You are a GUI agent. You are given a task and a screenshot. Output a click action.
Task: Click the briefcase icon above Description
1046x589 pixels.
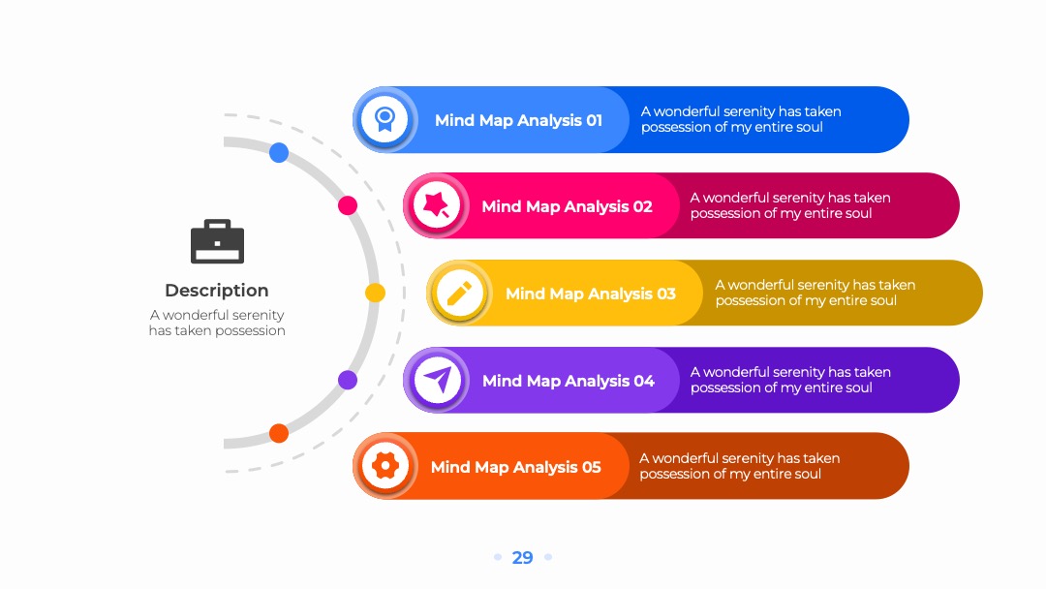coord(218,241)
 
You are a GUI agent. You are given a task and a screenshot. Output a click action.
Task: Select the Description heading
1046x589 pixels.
coord(217,291)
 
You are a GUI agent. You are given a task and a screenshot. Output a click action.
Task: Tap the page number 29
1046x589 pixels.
coord(522,558)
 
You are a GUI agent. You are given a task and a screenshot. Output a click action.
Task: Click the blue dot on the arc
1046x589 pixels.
coord(279,153)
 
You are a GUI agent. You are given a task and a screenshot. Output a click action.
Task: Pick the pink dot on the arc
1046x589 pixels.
coord(348,205)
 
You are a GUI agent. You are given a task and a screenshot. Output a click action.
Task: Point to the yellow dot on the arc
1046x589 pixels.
coord(375,293)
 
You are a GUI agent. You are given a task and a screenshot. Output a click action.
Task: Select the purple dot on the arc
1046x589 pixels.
coord(348,380)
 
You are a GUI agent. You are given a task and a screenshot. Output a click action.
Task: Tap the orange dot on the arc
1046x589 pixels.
coord(279,434)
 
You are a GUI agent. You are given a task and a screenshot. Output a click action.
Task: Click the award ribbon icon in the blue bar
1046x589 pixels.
coord(385,119)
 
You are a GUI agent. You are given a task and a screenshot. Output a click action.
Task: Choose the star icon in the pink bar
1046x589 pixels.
coord(437,204)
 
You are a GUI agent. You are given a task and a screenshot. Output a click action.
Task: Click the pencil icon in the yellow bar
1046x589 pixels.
coord(459,293)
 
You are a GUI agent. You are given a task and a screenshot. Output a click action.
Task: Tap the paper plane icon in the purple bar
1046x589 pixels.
coord(438,380)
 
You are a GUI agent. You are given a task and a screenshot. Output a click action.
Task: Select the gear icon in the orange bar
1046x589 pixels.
coord(385,466)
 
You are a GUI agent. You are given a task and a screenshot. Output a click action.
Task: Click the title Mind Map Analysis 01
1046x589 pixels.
coord(518,120)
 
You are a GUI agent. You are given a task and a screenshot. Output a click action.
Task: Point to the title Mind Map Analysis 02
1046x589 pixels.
coord(567,206)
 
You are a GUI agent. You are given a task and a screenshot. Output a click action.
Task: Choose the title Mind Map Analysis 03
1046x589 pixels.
coord(591,294)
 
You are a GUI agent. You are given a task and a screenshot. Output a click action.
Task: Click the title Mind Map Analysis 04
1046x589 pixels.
coord(569,381)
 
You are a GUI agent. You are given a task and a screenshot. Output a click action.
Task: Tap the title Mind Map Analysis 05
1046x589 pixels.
coord(515,467)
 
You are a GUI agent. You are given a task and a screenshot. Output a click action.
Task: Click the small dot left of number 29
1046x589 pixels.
coord(498,557)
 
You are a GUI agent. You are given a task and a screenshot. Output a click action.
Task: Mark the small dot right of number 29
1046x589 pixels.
coord(548,557)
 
